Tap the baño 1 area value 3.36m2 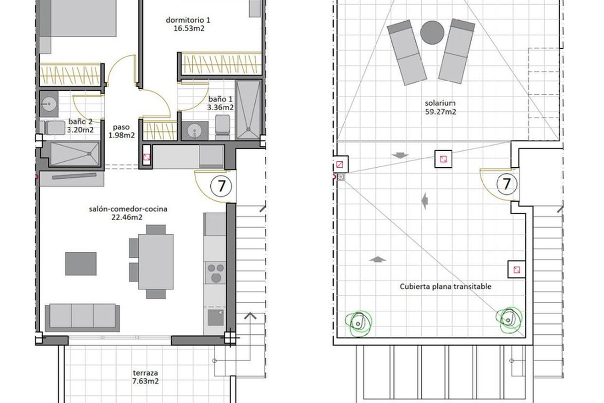click(220, 107)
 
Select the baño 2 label click(81, 122)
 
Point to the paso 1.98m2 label click(121, 131)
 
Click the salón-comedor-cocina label click(128, 209)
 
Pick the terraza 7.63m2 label click(145, 377)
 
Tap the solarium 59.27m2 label click(440, 107)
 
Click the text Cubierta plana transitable click(445, 287)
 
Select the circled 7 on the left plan click(221, 186)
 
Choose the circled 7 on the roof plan click(507, 184)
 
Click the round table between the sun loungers click(432, 32)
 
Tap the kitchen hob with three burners click(215, 273)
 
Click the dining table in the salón click(156, 261)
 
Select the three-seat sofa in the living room click(82, 317)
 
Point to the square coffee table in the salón click(81, 264)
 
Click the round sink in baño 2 click(49, 104)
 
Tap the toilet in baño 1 click(222, 127)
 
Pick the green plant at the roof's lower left click(358, 324)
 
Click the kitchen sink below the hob click(215, 317)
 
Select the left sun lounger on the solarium click(407, 52)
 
